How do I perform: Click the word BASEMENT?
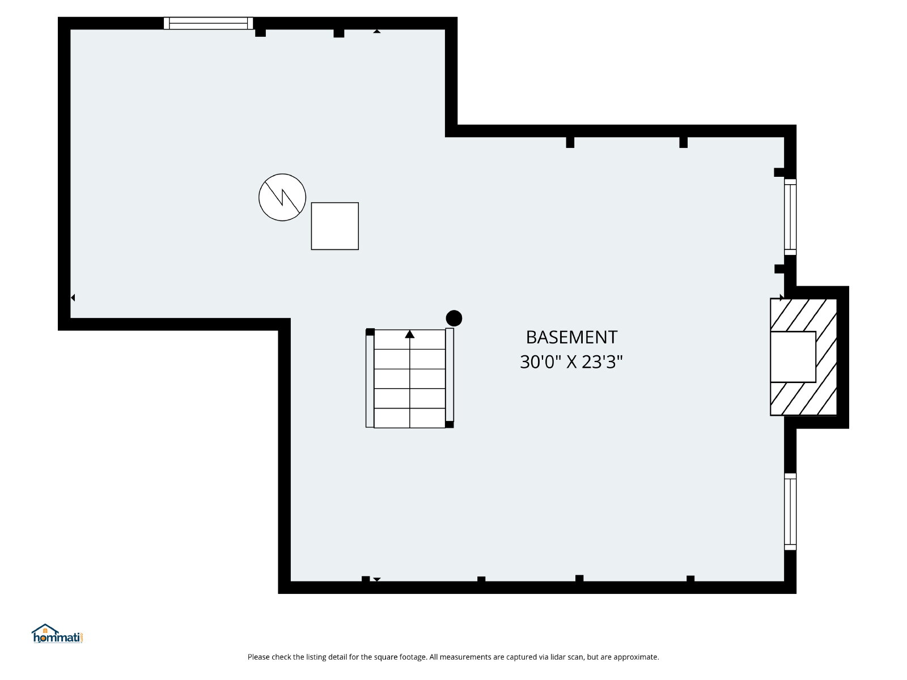point(571,337)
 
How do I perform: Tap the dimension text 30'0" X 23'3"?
point(571,362)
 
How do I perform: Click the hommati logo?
point(58,634)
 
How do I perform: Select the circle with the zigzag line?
point(282,197)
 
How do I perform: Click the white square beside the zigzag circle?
point(334,226)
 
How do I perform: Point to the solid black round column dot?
point(453,318)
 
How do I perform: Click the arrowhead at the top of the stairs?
point(409,334)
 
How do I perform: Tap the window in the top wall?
point(208,23)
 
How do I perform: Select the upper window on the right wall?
point(790,217)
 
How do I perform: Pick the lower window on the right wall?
point(790,512)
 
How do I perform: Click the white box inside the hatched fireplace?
point(793,357)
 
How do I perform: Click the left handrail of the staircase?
point(370,378)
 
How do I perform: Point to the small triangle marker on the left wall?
point(73,297)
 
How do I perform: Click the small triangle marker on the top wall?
point(377,31)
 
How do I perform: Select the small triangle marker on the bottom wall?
point(377,580)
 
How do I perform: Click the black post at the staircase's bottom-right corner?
point(450,424)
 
